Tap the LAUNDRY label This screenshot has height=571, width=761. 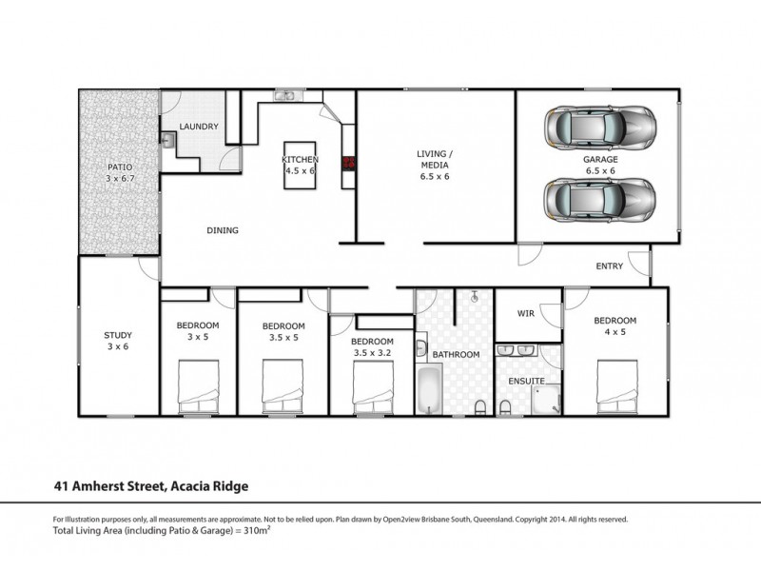(x=199, y=127)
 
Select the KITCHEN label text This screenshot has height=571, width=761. (x=300, y=159)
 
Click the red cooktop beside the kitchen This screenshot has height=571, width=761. (x=349, y=163)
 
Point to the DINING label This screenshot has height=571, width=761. (x=223, y=230)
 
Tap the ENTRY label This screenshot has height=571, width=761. (x=609, y=266)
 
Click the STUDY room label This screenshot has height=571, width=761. (x=118, y=335)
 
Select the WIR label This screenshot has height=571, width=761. (x=525, y=313)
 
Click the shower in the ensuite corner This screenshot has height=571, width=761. (x=546, y=401)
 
